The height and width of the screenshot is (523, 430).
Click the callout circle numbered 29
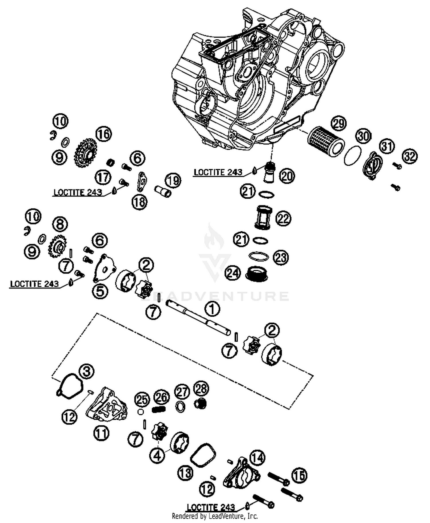click(339, 124)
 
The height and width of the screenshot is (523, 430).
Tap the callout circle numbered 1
click(212, 309)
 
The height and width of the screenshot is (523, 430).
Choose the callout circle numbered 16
click(103, 134)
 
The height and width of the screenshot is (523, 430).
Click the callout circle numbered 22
click(283, 219)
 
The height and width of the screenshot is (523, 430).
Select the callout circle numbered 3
click(87, 371)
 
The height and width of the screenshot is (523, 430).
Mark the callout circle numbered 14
click(257, 458)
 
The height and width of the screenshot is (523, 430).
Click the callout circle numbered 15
click(300, 476)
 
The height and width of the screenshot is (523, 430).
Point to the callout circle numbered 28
click(201, 389)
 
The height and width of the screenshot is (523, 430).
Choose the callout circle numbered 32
click(410, 156)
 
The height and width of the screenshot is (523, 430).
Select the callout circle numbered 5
click(100, 291)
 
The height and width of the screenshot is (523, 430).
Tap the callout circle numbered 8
click(60, 224)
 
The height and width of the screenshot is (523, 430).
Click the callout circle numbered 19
click(173, 180)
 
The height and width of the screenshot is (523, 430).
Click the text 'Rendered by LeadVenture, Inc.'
click(215, 516)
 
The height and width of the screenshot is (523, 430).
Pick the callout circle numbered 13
click(185, 472)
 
